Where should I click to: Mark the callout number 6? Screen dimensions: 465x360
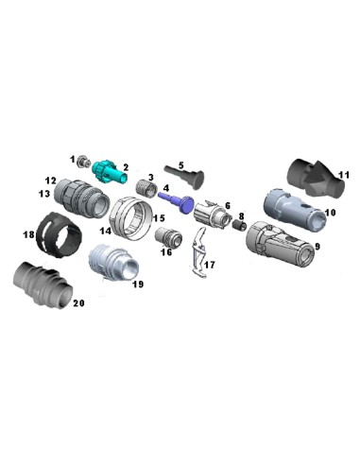tap(227, 204)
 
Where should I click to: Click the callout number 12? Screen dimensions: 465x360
tap(50, 179)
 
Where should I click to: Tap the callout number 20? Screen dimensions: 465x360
tap(79, 304)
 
